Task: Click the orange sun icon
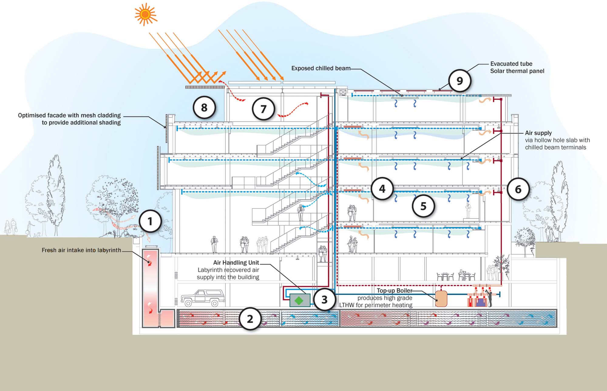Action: coord(145,14)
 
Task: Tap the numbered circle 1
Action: coord(150,221)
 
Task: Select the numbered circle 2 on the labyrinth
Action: coord(250,319)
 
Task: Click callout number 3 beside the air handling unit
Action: coord(324,300)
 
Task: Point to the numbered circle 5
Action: coord(423,206)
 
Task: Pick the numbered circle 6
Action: coord(518,189)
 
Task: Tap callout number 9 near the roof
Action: coord(460,81)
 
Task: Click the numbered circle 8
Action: coord(204,107)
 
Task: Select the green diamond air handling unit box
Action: coord(300,300)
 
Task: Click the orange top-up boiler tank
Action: coord(441,299)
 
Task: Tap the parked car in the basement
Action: coord(203,298)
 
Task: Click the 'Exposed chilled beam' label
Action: coord(321,68)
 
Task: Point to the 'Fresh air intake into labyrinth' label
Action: coord(81,250)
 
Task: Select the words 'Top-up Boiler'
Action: coord(394,290)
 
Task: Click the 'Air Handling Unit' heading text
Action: coord(236,263)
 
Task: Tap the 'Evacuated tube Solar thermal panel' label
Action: coord(517,67)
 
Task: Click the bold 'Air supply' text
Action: coord(538,133)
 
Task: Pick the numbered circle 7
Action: coord(263,109)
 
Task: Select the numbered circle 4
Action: coord(382,189)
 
